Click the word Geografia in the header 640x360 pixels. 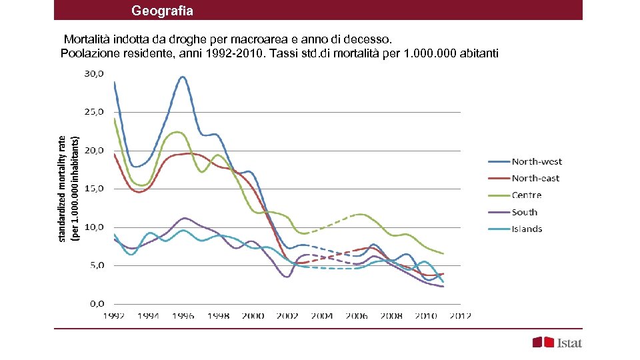(x=162, y=11)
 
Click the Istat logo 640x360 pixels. (x=557, y=343)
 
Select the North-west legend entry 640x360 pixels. (x=536, y=161)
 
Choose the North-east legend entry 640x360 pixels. (x=535, y=178)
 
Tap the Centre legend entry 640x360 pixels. (x=526, y=195)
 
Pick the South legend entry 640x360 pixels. (x=524, y=212)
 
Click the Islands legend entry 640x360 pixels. (x=527, y=229)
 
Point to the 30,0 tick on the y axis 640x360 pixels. (x=93, y=74)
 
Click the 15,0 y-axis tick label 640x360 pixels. (x=93, y=189)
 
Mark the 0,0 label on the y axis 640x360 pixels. (x=96, y=303)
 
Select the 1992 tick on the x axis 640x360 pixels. (x=113, y=316)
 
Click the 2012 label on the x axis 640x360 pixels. (x=460, y=316)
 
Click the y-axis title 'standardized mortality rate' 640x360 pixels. (x=62, y=189)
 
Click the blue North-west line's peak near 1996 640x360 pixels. (x=182, y=77)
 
